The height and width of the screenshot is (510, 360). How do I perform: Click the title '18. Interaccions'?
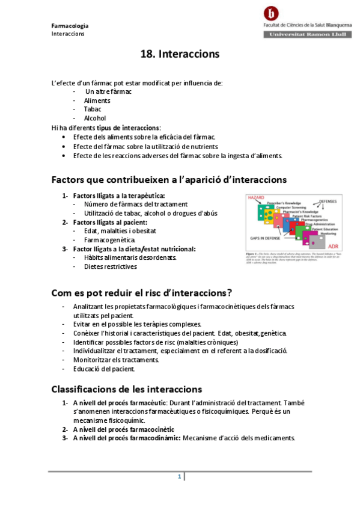click(x=180, y=54)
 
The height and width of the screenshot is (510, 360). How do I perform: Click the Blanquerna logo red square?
click(x=273, y=13)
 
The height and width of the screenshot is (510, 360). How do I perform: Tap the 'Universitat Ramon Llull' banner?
click(x=306, y=35)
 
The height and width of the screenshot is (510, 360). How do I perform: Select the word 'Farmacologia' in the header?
click(x=70, y=25)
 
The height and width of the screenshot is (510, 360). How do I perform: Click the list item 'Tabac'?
click(x=93, y=109)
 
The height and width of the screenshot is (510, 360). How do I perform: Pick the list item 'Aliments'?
click(x=97, y=100)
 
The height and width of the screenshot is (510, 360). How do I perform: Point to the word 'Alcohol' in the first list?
click(x=95, y=118)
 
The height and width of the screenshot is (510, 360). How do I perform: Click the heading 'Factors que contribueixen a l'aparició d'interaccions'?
click(x=169, y=179)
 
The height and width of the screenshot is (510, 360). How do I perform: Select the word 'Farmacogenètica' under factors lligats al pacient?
click(x=109, y=240)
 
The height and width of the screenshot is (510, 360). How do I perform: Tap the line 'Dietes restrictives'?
click(x=111, y=266)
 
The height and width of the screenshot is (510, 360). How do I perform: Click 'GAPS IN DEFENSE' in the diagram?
click(x=265, y=238)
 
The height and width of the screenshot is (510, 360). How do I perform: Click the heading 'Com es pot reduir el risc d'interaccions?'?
click(x=142, y=293)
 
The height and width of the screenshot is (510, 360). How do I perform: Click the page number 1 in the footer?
click(x=179, y=477)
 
